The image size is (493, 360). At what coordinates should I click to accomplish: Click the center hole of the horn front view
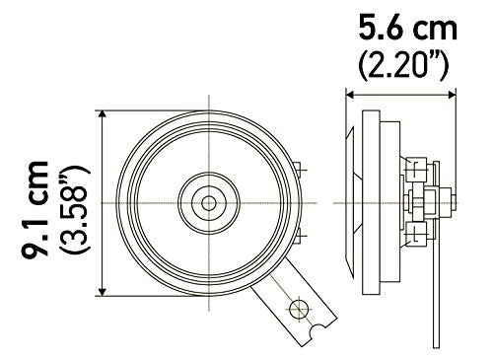[209, 202]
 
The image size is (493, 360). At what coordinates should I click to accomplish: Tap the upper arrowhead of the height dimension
[104, 114]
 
